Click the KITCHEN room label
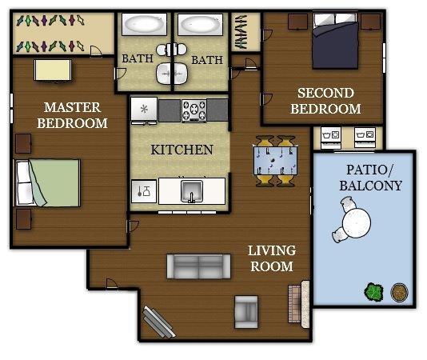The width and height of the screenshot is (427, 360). [182, 150]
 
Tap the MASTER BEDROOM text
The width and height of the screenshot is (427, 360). [73, 115]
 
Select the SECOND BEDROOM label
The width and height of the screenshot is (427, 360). [325, 101]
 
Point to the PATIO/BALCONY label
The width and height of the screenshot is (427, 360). [370, 178]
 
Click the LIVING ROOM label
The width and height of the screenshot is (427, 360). [272, 258]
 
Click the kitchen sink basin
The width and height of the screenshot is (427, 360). [192, 191]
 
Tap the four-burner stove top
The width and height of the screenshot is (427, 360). [194, 110]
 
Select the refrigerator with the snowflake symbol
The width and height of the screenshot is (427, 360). [144, 110]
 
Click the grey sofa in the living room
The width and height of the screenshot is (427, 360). [198, 266]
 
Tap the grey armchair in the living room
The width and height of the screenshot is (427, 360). [246, 312]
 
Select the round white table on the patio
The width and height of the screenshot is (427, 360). [357, 222]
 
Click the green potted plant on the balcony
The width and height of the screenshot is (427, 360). [374, 292]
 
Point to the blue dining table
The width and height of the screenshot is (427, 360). [275, 161]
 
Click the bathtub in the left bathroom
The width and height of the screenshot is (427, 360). [144, 24]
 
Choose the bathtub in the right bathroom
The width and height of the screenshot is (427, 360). [200, 25]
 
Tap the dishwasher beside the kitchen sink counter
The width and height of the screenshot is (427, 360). [144, 191]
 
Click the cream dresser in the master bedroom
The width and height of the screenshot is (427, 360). [53, 70]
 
